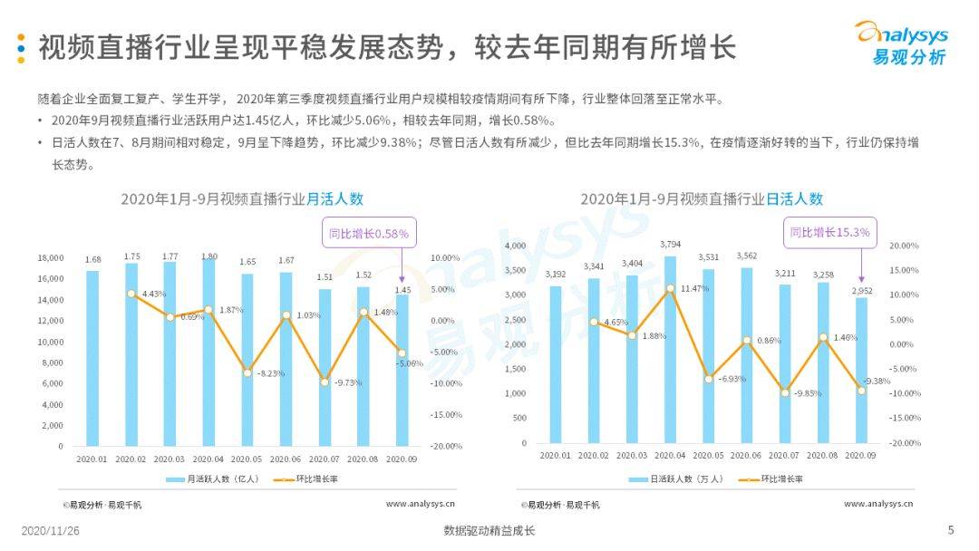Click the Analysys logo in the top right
click(x=901, y=43)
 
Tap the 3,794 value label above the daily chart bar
click(x=670, y=245)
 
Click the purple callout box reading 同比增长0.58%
click(x=368, y=234)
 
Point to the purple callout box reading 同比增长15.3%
click(x=830, y=233)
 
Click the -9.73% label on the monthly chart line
click(x=346, y=382)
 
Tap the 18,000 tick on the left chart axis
click(x=51, y=258)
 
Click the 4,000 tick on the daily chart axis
click(x=514, y=246)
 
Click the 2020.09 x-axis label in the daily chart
click(x=860, y=458)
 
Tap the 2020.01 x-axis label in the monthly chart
click(x=92, y=459)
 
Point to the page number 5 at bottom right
click(x=950, y=530)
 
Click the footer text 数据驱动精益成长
click(x=489, y=531)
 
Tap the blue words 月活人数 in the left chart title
click(x=334, y=199)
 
